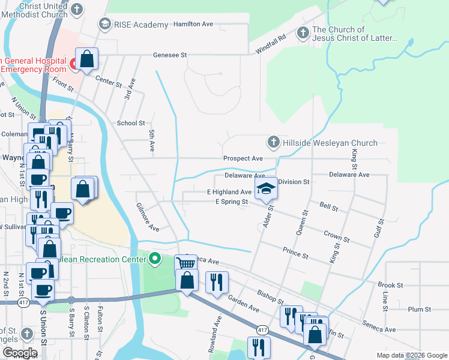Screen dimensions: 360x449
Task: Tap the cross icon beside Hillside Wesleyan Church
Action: pos(273,142)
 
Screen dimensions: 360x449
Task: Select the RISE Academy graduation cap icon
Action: pos(105,24)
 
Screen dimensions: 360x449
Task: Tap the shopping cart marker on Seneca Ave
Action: pos(186,263)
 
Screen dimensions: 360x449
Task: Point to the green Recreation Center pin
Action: pos(155,259)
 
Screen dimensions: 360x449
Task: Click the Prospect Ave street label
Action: pos(243,158)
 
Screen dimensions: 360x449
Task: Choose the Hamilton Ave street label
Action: pos(193,24)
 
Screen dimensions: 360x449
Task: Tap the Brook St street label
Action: pos(390,285)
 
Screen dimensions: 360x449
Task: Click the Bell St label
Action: pos(328,207)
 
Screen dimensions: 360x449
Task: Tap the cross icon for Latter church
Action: pos(303,33)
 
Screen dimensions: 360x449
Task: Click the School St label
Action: pos(131,122)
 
